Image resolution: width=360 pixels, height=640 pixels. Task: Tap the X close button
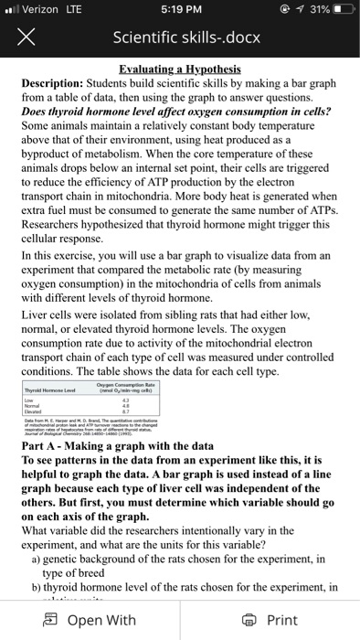26,40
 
